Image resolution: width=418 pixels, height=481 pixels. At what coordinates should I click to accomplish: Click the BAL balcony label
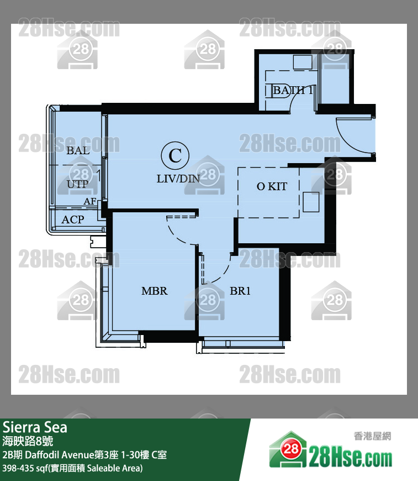point(78,150)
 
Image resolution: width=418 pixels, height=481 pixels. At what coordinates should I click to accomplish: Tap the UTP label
point(77,184)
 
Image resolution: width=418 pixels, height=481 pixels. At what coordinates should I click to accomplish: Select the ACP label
point(73,219)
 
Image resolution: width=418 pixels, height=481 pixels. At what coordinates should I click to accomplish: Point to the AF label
point(89,201)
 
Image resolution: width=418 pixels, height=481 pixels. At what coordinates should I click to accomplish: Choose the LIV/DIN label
point(178,179)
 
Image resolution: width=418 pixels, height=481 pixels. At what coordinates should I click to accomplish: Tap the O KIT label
point(272,187)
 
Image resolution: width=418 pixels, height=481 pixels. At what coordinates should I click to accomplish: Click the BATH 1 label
point(293,90)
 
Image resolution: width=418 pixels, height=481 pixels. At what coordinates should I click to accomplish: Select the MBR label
point(154,291)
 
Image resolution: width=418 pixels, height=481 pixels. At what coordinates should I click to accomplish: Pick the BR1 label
point(240,291)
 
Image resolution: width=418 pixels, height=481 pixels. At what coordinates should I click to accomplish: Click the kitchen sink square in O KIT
point(311,202)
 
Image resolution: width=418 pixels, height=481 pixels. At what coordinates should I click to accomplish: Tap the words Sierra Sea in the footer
point(35,427)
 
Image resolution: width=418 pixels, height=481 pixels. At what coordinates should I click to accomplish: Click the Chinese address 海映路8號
point(28,441)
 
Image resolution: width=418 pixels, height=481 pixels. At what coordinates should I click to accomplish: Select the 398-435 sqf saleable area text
point(72,468)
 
